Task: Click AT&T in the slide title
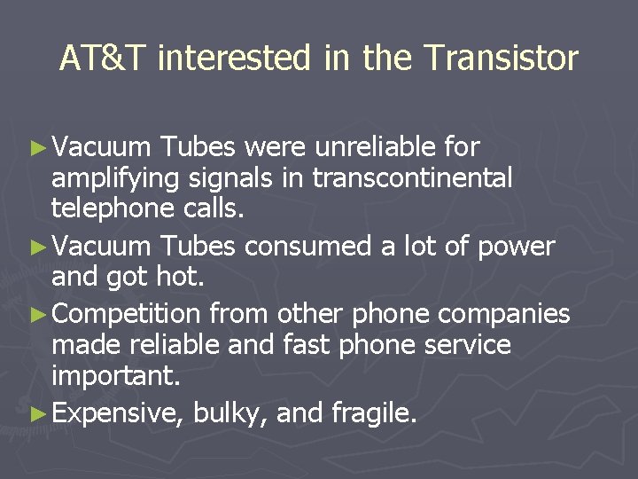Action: click(x=105, y=59)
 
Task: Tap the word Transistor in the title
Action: click(x=501, y=59)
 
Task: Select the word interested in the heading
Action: click(x=236, y=59)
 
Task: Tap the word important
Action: click(x=114, y=377)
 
